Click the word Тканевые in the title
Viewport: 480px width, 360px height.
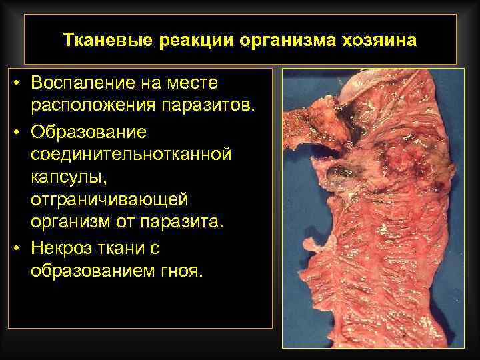coord(107,39)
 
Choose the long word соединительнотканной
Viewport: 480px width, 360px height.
coord(131,154)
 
